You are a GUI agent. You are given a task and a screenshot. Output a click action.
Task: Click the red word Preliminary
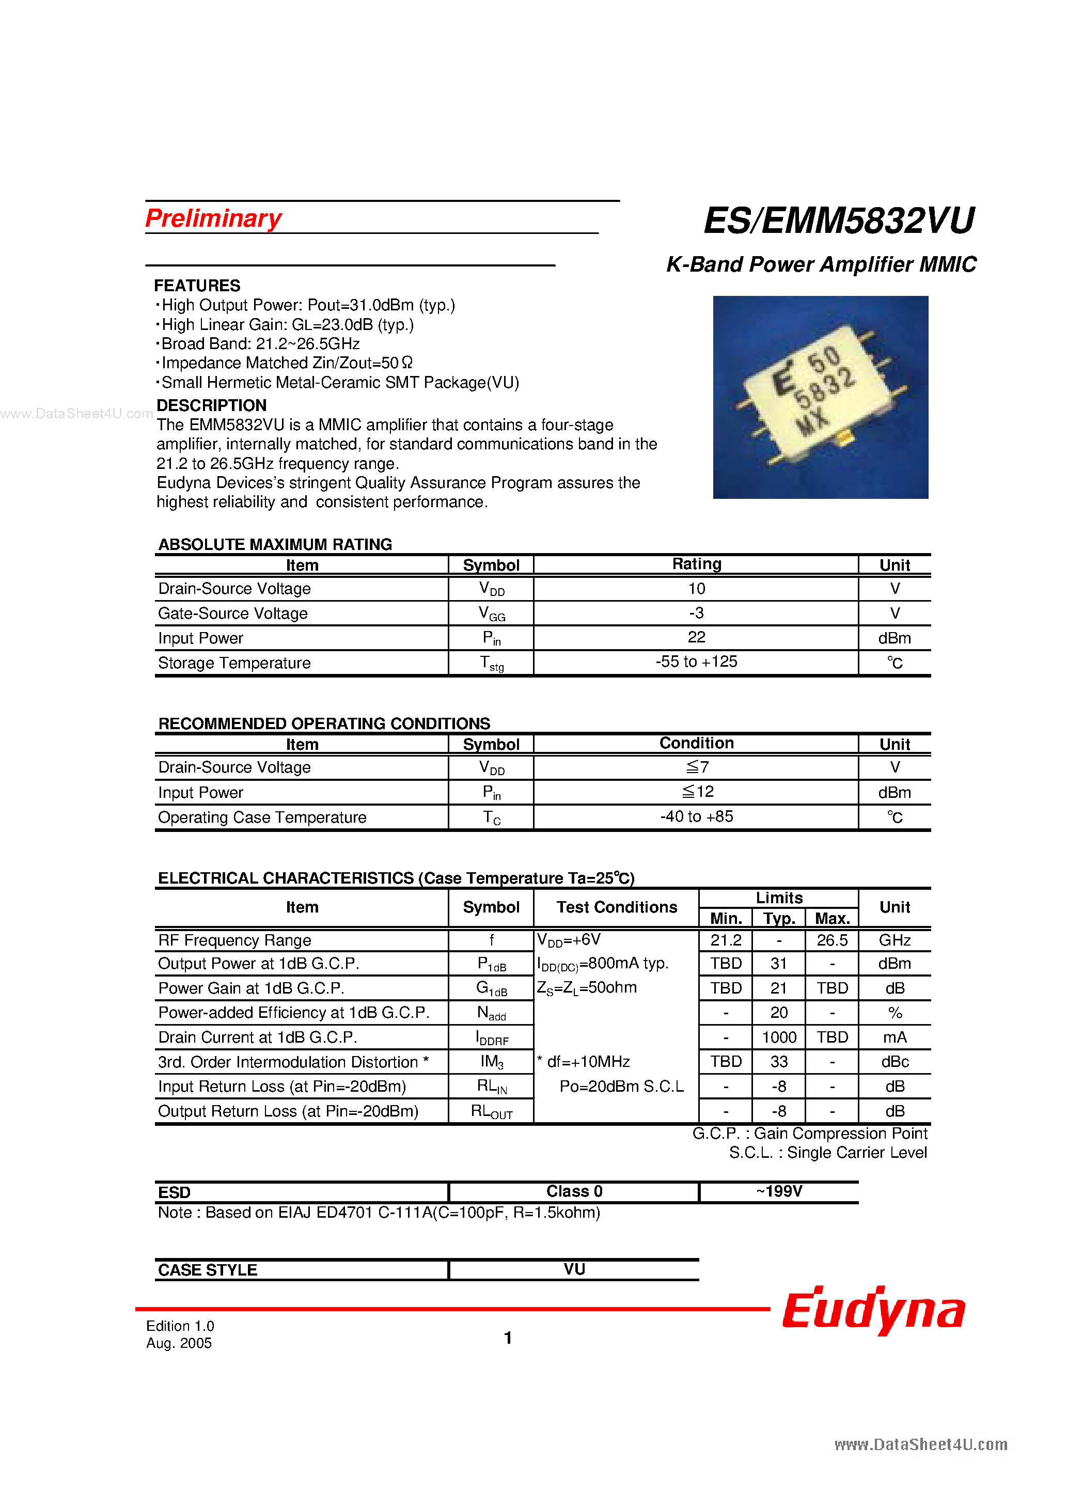tap(213, 218)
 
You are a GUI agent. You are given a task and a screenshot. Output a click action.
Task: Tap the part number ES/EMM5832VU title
tap(839, 221)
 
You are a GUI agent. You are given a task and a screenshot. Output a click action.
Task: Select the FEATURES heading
tap(197, 286)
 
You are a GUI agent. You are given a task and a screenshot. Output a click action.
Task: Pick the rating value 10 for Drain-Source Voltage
tap(696, 589)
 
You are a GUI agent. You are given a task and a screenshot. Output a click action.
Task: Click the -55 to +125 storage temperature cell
tap(696, 662)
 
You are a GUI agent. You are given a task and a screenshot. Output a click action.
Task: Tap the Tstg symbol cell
tap(491, 663)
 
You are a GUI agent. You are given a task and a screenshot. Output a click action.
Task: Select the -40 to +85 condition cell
tap(696, 817)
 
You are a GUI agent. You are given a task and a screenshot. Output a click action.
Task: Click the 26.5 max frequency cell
tap(831, 940)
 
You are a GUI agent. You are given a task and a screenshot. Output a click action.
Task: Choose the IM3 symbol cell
tap(491, 1062)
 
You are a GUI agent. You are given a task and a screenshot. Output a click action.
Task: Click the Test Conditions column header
tap(616, 907)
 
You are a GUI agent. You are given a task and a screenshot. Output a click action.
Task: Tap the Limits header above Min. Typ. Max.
tap(778, 898)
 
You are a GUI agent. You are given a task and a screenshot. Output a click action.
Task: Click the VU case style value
tap(574, 1269)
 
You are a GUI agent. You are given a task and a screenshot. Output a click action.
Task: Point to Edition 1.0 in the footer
tap(180, 1326)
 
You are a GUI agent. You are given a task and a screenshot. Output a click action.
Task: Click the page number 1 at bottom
tap(507, 1338)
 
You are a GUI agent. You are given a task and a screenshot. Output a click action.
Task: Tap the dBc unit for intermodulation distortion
tap(894, 1062)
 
